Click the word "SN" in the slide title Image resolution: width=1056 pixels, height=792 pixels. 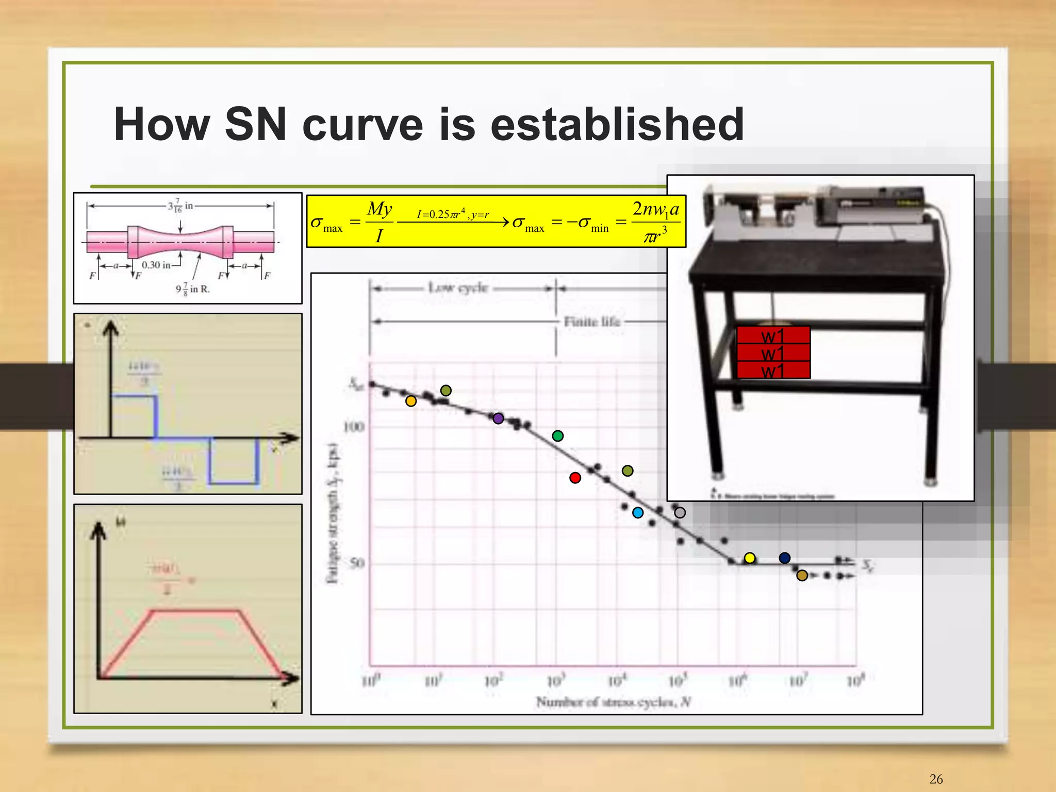point(255,124)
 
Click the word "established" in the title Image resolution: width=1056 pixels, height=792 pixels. point(617,124)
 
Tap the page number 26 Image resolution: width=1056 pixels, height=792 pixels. point(936,779)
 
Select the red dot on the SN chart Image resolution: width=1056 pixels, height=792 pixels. point(575,478)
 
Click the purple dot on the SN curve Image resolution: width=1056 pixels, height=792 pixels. point(498,418)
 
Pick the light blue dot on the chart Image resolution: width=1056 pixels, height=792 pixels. point(638,513)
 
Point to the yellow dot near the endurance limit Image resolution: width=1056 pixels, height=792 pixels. point(750,558)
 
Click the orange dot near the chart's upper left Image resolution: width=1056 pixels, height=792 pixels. point(411,401)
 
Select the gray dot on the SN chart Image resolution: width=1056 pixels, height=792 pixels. point(680,513)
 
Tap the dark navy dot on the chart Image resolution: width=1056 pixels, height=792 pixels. point(785,558)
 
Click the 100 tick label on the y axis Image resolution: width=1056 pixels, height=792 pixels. point(354,427)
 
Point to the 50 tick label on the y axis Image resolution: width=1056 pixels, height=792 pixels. point(357,563)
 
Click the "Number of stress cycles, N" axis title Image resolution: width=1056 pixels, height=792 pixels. point(613,702)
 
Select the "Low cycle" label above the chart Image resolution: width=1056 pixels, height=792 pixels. point(458,288)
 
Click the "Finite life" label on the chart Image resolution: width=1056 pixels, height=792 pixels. point(591,322)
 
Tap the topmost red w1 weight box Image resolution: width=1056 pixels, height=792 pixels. point(773,335)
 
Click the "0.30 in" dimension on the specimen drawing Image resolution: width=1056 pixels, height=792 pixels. point(156,265)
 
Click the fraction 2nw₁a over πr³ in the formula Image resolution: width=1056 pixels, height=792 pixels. point(655,222)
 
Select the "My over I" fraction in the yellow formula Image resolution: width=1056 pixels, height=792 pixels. point(379,222)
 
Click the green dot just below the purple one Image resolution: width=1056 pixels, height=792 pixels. point(557,436)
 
